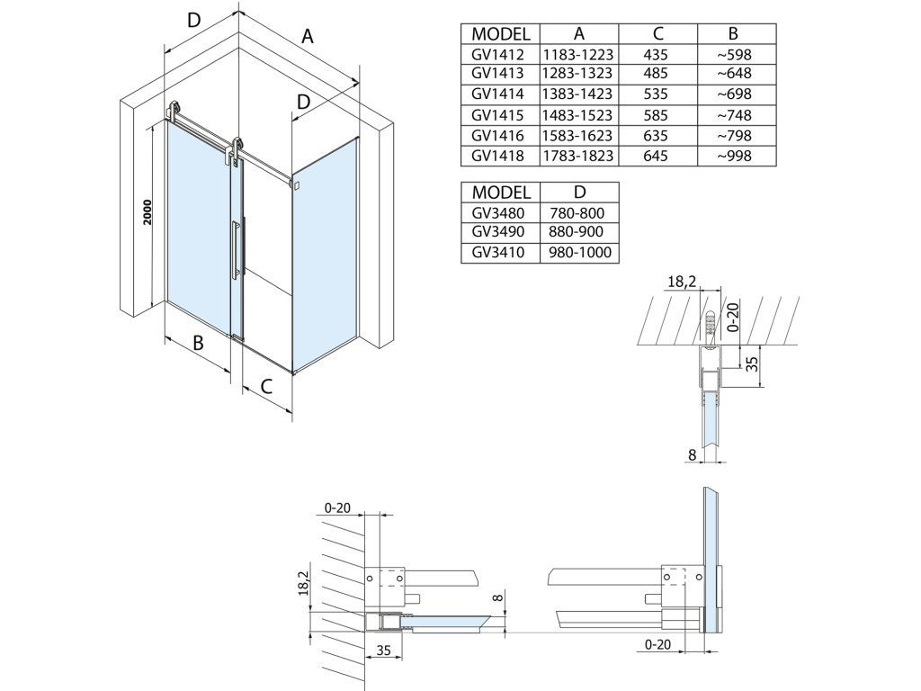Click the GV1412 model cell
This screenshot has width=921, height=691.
(497, 55)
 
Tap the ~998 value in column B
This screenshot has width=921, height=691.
(734, 156)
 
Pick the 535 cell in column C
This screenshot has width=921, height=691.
(656, 94)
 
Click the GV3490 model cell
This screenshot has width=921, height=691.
(497, 231)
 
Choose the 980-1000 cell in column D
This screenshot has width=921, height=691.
(580, 253)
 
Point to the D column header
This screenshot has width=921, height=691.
(579, 193)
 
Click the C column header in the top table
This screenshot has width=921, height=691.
(657, 33)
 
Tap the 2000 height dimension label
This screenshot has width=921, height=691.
(148, 212)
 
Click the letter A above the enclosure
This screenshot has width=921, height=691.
(308, 36)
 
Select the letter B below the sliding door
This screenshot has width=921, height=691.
(198, 342)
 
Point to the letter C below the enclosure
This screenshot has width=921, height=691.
(266, 386)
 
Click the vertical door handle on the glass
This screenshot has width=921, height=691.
(236, 248)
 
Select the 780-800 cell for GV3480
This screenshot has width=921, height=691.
(577, 212)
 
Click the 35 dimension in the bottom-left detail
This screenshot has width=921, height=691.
(383, 651)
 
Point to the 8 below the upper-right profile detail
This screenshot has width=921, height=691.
(692, 454)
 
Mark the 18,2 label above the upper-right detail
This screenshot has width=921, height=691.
(682, 282)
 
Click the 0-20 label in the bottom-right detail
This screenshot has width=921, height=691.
(657, 644)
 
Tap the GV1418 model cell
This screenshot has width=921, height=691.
(497, 156)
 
